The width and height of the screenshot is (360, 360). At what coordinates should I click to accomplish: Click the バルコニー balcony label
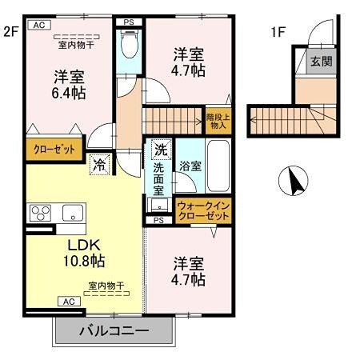coord(113,330)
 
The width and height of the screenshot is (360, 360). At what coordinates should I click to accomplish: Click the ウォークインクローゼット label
coord(202,210)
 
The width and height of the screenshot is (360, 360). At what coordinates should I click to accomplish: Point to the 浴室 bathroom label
coord(190,166)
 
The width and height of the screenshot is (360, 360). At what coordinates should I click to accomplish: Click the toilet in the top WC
coord(128,44)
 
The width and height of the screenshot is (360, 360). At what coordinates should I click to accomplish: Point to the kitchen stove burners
coord(41,213)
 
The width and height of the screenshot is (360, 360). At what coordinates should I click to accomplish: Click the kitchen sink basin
coord(71,213)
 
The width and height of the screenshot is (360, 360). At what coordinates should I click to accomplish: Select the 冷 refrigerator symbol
coord(99,165)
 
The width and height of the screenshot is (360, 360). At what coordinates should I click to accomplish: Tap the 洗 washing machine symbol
coord(161,149)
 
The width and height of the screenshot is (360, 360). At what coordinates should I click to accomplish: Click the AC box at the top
coord(38,26)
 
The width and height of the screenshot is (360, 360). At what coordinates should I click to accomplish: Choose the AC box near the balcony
coord(68,302)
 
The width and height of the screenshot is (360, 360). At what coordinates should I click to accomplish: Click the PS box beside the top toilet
coord(128,22)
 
